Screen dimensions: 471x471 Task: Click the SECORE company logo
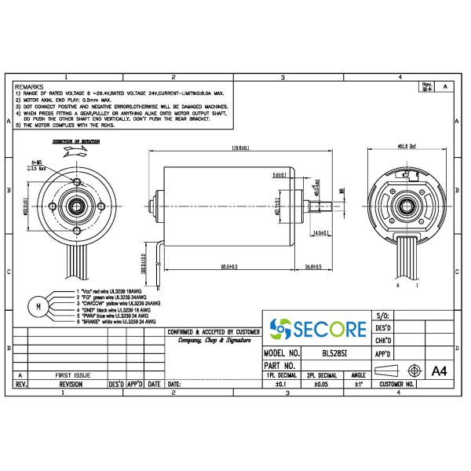[x=317, y=328]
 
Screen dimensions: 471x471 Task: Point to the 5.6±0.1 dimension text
[x=280, y=174]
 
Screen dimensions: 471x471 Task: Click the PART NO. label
[x=279, y=365]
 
